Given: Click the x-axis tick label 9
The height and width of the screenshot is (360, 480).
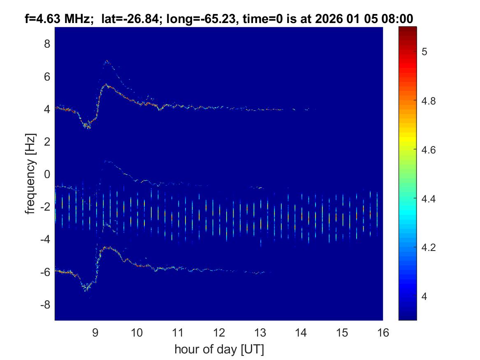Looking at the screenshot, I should (95, 332).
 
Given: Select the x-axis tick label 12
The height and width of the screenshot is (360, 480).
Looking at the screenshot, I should (219, 332).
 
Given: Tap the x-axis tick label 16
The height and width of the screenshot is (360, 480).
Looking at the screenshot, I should (383, 332).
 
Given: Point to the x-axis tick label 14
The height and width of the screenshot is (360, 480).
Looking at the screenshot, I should (301, 332).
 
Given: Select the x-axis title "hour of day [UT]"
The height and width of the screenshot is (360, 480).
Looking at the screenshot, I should (219, 349).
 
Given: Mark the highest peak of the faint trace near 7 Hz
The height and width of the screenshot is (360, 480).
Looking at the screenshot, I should (107, 61).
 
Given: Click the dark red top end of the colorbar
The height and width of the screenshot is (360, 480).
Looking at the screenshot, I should (408, 28).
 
